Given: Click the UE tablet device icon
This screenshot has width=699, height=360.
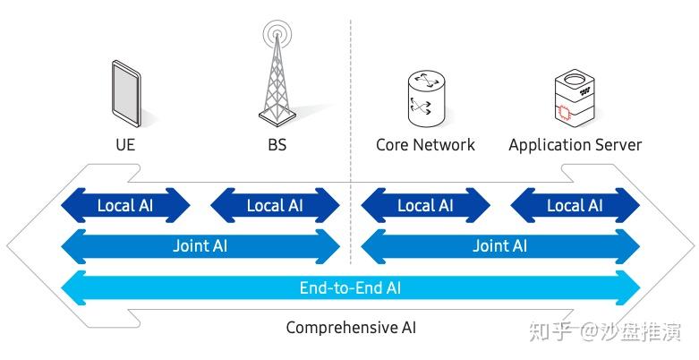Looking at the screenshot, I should pyautogui.click(x=125, y=92).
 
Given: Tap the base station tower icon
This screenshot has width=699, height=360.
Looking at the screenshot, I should pyautogui.click(x=277, y=76).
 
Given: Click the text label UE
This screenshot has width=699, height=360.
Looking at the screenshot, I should pyautogui.click(x=125, y=144).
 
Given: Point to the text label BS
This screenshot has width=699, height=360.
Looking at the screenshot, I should pyautogui.click(x=277, y=144).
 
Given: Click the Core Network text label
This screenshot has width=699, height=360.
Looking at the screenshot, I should pyautogui.click(x=425, y=144).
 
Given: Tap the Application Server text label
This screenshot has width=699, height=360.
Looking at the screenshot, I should pyautogui.click(x=575, y=144).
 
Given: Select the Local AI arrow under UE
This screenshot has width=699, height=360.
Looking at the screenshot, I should pyautogui.click(x=125, y=205).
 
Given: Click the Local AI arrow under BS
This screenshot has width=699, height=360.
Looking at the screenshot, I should pyautogui.click(x=275, y=205).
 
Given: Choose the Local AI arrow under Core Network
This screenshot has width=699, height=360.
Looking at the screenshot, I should pyautogui.click(x=425, y=205).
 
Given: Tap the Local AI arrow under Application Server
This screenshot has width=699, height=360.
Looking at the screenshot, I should pyautogui.click(x=575, y=205).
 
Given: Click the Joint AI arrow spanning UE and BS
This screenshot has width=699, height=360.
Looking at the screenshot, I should pyautogui.click(x=200, y=245).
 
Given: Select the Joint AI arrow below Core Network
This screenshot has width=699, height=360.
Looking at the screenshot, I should pyautogui.click(x=499, y=245).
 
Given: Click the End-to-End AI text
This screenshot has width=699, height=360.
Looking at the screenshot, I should pyautogui.click(x=350, y=287).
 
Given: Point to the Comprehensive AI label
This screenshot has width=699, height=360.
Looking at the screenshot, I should pyautogui.click(x=350, y=328).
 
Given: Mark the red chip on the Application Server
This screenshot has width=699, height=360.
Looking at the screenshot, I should pyautogui.click(x=564, y=112).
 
